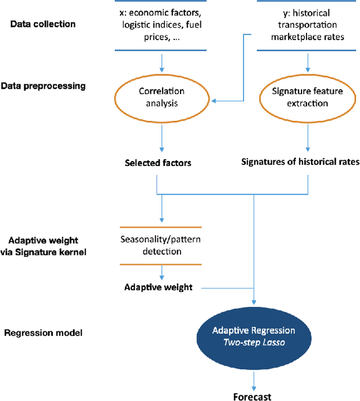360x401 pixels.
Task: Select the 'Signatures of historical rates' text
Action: (x=300, y=163)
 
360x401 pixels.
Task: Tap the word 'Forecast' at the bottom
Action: (x=253, y=397)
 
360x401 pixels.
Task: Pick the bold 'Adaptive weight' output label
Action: (x=159, y=287)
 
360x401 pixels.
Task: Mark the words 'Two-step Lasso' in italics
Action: (x=253, y=342)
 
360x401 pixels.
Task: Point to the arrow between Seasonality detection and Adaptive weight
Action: (x=161, y=272)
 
